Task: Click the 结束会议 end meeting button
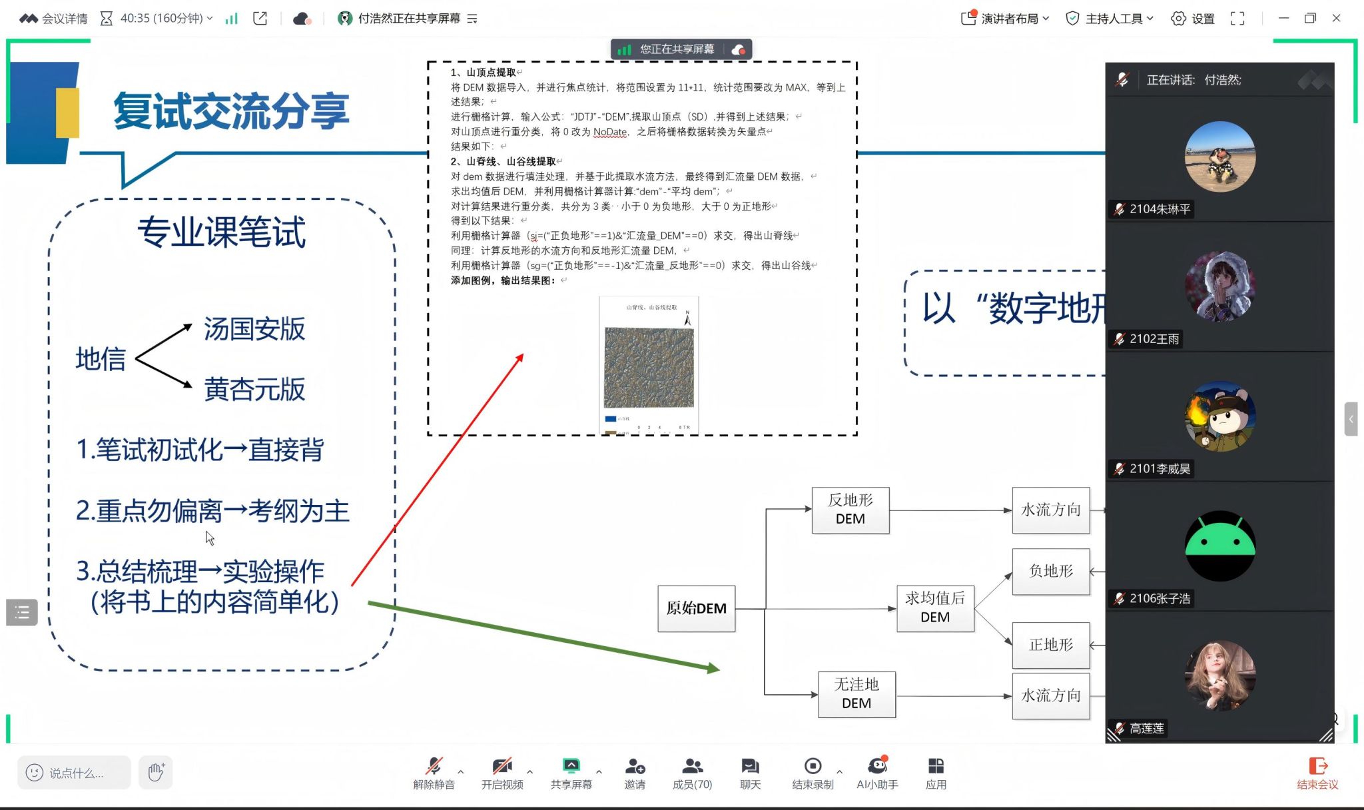[1317, 773]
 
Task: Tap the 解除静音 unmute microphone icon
[434, 767]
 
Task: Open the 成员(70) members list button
[692, 773]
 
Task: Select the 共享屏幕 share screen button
[571, 773]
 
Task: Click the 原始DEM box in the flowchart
[696, 608]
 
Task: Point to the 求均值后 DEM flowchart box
[934, 607]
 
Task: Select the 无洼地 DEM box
[856, 693]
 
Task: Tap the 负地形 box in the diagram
[1050, 571]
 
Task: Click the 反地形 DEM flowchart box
[850, 510]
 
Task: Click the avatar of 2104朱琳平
[1219, 157]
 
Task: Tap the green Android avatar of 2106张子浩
[1219, 546]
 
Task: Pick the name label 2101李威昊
[1160, 469]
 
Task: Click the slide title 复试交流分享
[231, 111]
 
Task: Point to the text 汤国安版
[254, 329]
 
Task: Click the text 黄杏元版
[254, 390]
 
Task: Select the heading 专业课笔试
[221, 232]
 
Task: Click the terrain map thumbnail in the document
[649, 367]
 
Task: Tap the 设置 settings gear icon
[1178, 19]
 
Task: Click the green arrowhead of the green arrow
[713, 668]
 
